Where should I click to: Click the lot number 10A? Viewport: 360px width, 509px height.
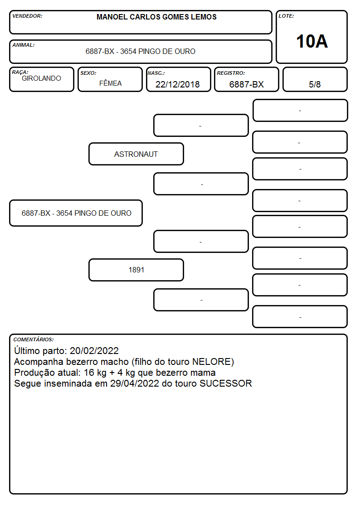(x=311, y=41)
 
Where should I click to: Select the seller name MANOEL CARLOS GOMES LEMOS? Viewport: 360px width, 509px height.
(x=156, y=17)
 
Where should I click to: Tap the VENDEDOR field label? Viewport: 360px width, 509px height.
(x=27, y=16)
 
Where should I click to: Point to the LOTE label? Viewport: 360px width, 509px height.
(x=286, y=16)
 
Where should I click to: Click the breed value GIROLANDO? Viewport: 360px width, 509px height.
(x=41, y=78)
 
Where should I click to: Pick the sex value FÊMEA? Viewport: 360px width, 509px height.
(x=110, y=83)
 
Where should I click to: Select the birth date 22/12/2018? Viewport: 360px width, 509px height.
(x=178, y=84)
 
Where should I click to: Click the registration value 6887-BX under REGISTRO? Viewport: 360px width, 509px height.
(x=246, y=84)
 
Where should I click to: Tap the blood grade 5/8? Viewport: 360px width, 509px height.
(x=315, y=84)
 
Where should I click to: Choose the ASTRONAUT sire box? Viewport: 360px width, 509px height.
(x=136, y=154)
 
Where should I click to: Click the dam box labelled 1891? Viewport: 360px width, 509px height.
(x=136, y=270)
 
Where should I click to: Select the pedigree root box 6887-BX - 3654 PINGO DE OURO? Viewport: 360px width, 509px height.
(x=76, y=213)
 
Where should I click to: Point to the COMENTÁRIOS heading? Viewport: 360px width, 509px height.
(x=34, y=339)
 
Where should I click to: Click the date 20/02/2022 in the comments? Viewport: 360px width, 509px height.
(x=94, y=350)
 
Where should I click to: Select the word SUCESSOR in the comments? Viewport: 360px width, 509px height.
(x=226, y=383)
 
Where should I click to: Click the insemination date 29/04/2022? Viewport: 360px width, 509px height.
(x=135, y=383)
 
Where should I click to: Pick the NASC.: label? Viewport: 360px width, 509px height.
(x=156, y=73)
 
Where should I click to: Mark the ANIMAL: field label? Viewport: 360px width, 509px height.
(x=24, y=45)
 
